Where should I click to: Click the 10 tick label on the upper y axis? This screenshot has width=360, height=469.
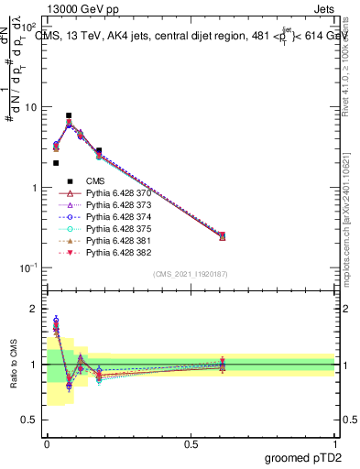coord(31,107)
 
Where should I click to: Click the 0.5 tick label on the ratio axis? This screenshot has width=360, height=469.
coord(31,421)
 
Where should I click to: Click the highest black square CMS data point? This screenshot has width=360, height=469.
coord(69,116)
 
